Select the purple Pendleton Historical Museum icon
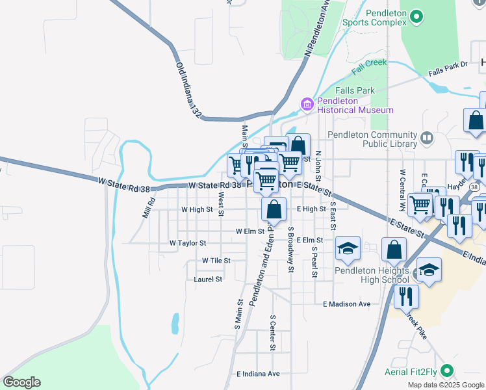[x=307, y=103]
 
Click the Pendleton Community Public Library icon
[x=427, y=137]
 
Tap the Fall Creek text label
[x=369, y=66]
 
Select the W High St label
[x=197, y=209]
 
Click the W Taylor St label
[x=187, y=242]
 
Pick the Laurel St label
[x=208, y=279]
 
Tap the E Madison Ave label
[x=346, y=304]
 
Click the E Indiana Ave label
[x=258, y=374]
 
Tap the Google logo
[x=21, y=382]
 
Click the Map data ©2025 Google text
[x=445, y=385]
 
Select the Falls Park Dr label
[x=448, y=65]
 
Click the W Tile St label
[x=216, y=260]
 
